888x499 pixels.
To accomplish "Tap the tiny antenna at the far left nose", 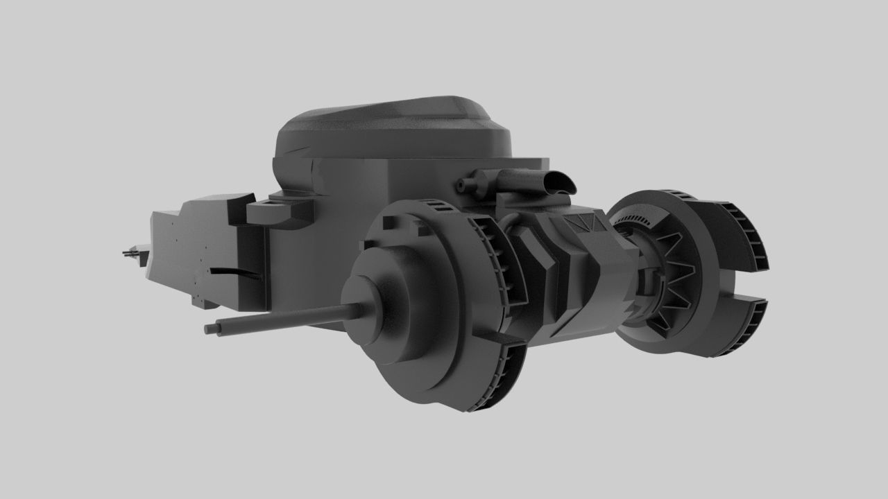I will pyautogui.click(x=129, y=254).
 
